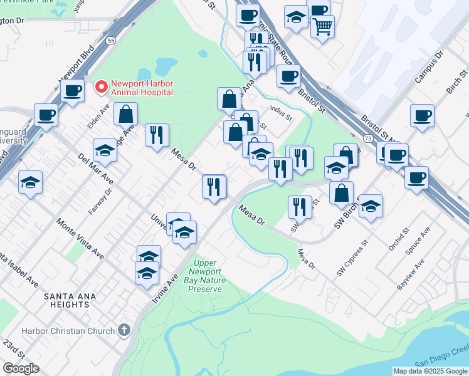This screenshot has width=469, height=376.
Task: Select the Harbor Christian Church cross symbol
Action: (x=124, y=330)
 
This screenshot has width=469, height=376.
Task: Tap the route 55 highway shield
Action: (x=110, y=40)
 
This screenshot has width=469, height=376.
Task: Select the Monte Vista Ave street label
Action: (x=80, y=239)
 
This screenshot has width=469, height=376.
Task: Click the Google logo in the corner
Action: (x=21, y=368)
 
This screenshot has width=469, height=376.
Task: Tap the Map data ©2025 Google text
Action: (x=430, y=371)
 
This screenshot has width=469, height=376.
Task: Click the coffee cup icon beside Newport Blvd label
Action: (x=72, y=90)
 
